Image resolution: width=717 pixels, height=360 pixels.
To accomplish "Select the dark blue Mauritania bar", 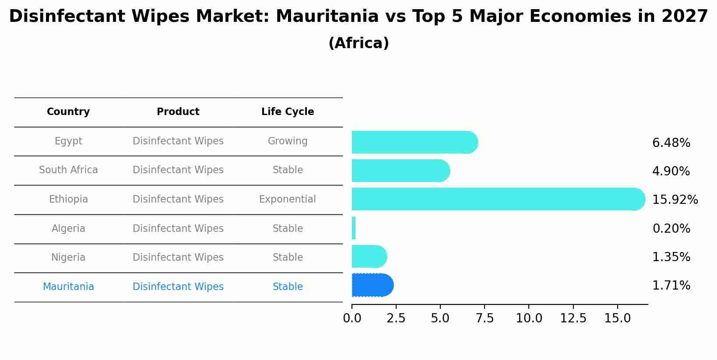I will point(372,285).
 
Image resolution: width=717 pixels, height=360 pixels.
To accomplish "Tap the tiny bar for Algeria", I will point(354,228).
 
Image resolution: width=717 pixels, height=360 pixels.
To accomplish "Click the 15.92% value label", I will point(675,200).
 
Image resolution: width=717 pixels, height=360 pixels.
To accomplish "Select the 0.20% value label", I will point(671,229).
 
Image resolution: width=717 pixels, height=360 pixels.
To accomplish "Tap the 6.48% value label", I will point(671,143).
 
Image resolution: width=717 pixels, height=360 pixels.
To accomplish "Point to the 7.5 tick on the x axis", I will point(485,318).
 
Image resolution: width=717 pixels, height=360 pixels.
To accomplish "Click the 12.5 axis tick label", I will point(573,318).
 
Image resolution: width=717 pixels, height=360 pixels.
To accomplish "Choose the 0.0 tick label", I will point(352,318).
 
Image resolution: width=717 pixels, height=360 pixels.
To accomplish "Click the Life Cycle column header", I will point(288,112).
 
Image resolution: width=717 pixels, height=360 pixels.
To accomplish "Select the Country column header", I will point(68,112).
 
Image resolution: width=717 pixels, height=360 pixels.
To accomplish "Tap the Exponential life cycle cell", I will point(288,199).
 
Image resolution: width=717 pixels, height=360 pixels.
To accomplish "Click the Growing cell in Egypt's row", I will point(288,141).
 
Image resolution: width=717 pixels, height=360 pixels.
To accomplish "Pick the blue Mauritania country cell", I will point(68,287).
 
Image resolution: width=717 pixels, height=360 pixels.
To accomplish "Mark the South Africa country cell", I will point(68,170).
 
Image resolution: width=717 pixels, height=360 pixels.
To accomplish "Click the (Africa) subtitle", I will point(358,43).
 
